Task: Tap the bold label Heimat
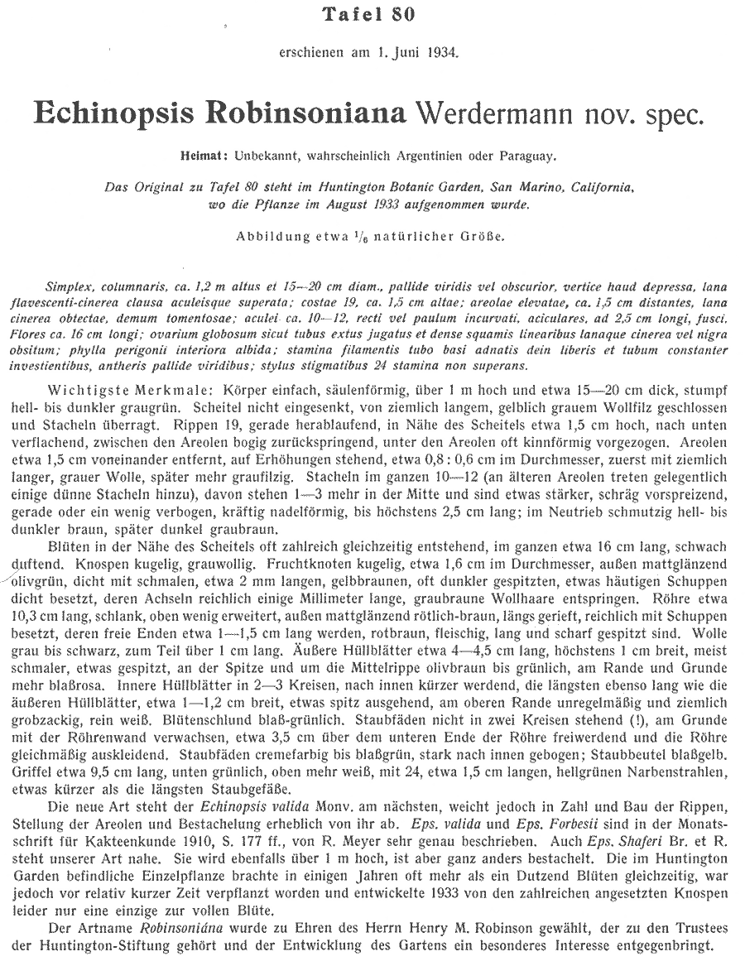click(201, 155)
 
